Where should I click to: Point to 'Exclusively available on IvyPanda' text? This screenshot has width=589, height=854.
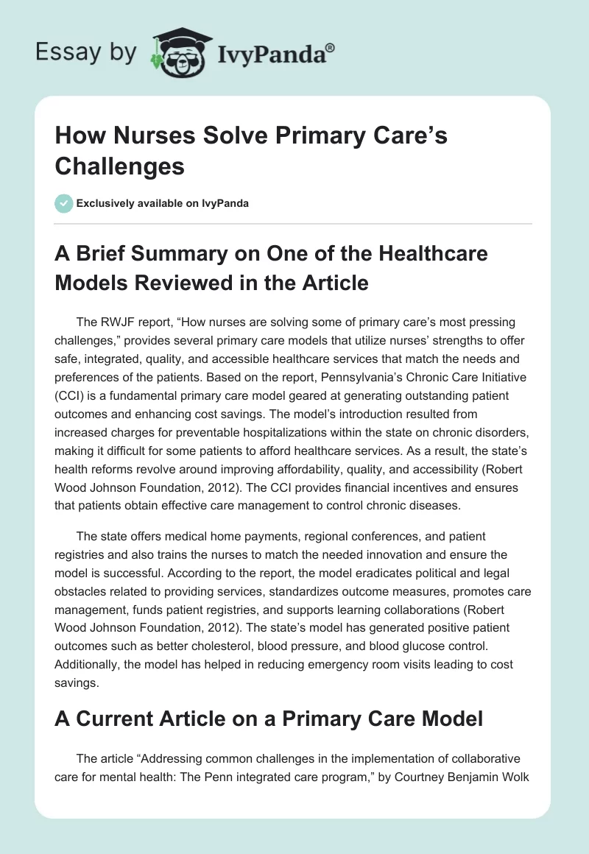[x=161, y=203]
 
